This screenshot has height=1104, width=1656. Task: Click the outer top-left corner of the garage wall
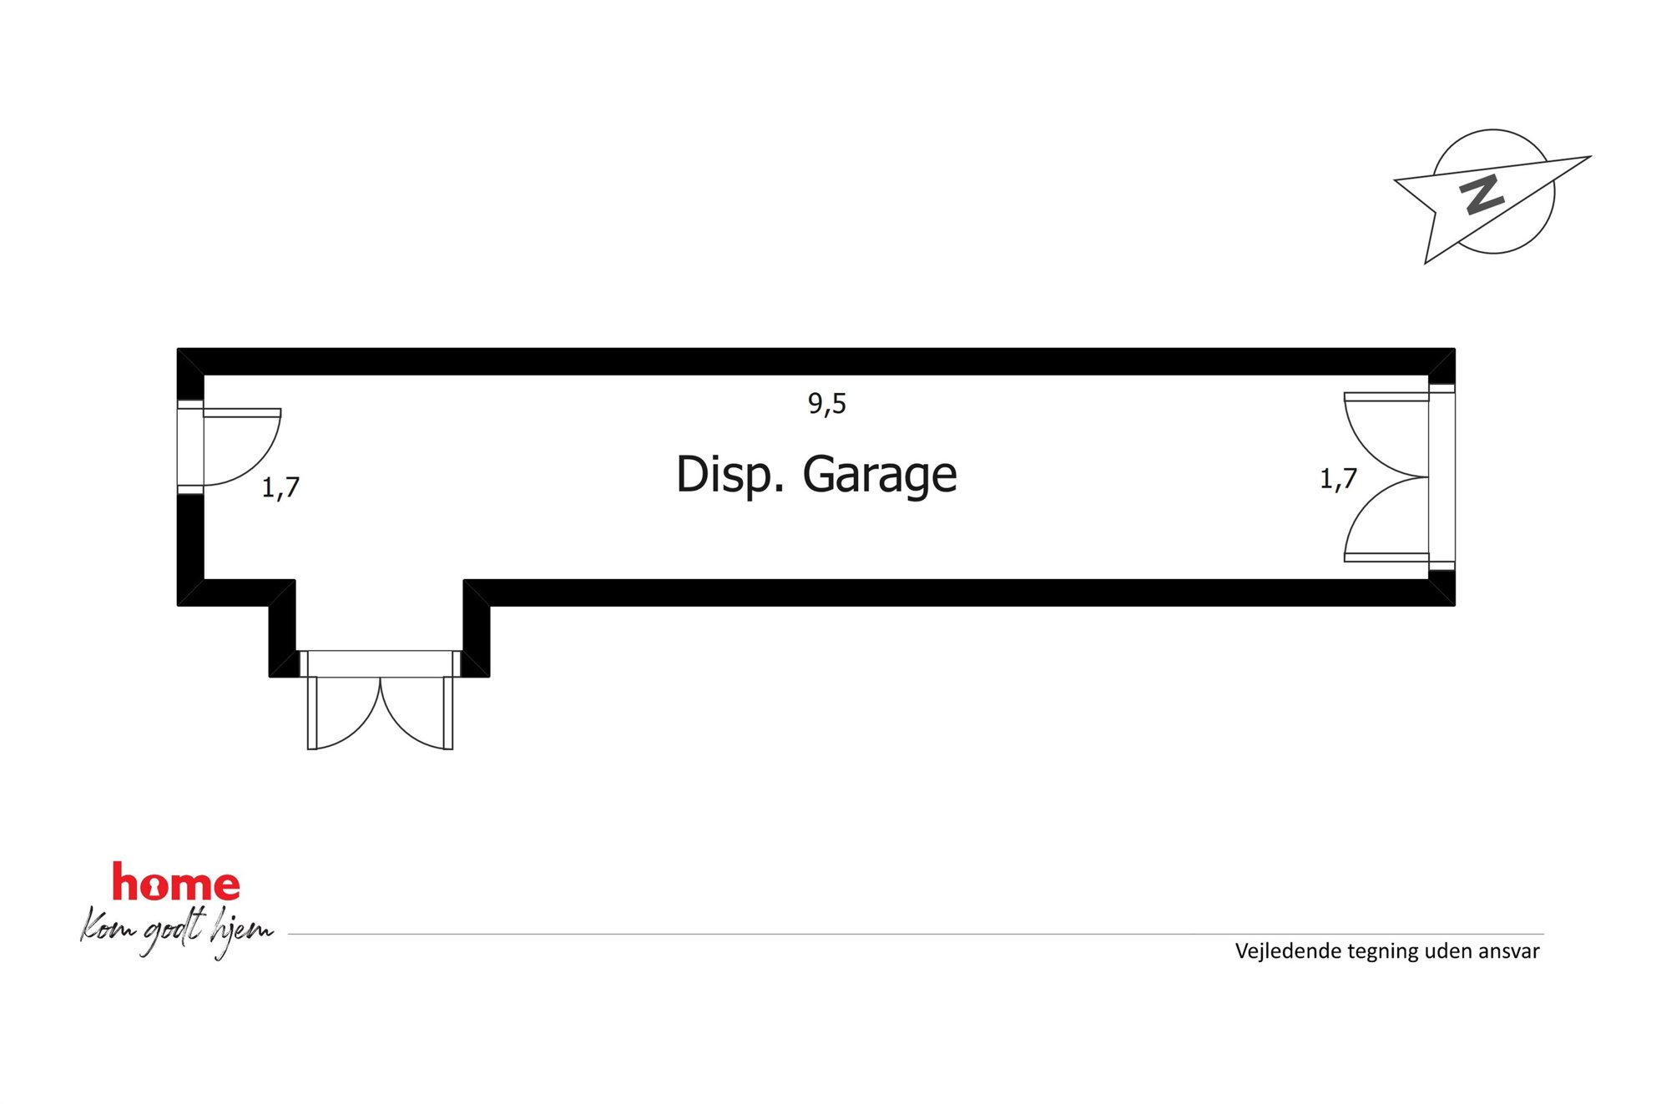click(x=178, y=349)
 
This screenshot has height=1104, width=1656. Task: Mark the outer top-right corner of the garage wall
click(x=1455, y=349)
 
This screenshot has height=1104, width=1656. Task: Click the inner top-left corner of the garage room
click(x=204, y=376)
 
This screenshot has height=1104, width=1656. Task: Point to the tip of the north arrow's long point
click(x=1591, y=157)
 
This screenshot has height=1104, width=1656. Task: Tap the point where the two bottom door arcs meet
click(x=381, y=678)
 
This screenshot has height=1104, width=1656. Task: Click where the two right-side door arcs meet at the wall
click(x=1428, y=477)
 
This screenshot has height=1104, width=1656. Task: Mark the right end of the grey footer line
click(x=1543, y=934)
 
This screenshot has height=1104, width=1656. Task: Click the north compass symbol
click(x=1492, y=195)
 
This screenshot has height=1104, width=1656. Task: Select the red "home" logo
click(x=176, y=883)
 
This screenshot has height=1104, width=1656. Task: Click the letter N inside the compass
click(x=1482, y=194)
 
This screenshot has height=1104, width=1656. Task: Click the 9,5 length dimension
click(x=827, y=404)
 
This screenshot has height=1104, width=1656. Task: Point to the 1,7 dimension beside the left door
click(x=280, y=487)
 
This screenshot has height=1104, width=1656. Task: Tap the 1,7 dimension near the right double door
click(x=1338, y=479)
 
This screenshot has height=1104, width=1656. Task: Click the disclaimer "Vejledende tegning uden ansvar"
click(x=1387, y=951)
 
